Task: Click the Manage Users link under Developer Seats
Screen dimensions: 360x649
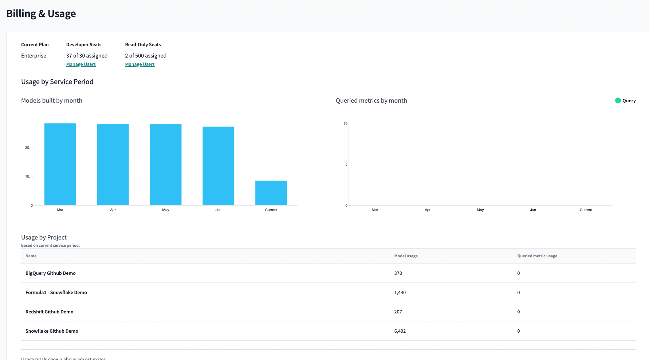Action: tap(81, 64)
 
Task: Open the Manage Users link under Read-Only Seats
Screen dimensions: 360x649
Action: tap(140, 64)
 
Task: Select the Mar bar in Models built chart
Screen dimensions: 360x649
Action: tap(60, 164)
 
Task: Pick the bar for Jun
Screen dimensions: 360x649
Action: tap(219, 166)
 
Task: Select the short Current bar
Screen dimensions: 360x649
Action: tap(271, 193)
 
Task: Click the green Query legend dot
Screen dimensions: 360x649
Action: tap(618, 100)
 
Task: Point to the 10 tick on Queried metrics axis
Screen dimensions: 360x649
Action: tap(345, 124)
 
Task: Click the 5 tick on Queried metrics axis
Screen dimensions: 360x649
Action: tap(346, 165)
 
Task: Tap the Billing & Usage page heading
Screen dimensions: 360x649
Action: tap(41, 14)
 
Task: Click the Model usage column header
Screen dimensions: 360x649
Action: tap(406, 256)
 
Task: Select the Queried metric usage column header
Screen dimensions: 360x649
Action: tap(537, 256)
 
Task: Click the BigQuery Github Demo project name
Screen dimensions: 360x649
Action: tap(51, 273)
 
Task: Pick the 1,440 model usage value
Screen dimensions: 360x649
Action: tap(400, 292)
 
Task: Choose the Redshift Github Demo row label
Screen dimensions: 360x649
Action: tap(50, 312)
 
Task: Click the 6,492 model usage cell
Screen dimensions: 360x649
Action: tap(400, 331)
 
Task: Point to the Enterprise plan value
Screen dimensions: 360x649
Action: tap(34, 56)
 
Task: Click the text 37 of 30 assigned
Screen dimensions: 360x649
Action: tap(87, 56)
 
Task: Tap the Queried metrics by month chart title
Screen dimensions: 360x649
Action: tap(371, 100)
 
